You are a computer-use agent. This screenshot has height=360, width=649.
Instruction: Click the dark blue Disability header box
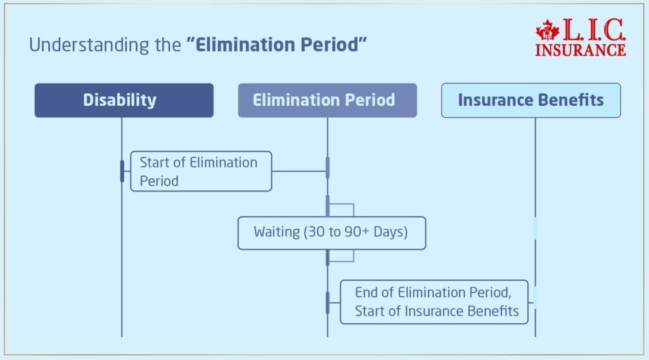coord(124,100)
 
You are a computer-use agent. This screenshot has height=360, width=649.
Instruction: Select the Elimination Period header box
coord(327,100)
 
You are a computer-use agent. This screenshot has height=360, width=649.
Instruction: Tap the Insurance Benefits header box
coord(530,100)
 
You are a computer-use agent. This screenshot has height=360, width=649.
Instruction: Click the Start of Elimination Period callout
coord(200,171)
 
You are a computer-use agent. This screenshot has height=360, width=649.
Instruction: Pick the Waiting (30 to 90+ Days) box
coord(331,233)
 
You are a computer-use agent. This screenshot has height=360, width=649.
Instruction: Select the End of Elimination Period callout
coord(434,302)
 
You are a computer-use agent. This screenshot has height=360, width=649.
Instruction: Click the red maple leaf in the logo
coord(546,30)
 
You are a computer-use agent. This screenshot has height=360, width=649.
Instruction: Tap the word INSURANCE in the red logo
coord(580,49)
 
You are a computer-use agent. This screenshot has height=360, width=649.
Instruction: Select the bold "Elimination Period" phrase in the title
coord(277,46)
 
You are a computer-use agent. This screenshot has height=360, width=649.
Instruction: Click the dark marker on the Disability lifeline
coord(122,171)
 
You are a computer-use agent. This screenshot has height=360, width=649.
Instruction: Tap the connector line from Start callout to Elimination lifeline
coord(299,171)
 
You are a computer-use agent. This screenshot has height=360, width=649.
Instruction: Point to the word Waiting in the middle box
coord(276,233)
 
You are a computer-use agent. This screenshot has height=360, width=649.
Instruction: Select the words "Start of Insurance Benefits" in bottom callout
coord(437,311)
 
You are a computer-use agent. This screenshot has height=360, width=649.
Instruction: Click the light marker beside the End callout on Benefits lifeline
coord(535,297)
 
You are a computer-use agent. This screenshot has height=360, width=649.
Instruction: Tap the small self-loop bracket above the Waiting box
coord(342,210)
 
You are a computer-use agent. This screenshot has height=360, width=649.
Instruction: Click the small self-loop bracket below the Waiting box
coord(342,255)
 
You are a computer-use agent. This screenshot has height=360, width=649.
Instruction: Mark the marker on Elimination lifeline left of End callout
coord(328,302)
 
